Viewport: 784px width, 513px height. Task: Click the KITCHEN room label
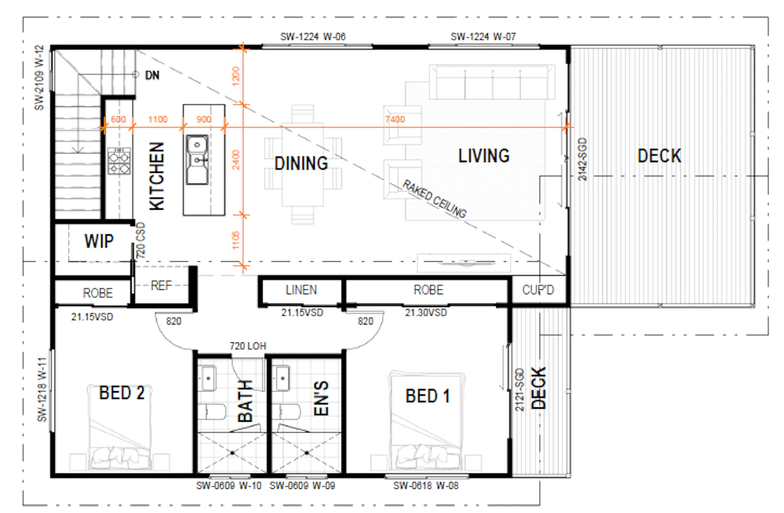156,176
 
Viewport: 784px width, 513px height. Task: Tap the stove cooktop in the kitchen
119,161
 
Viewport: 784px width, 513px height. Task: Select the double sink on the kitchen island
197,159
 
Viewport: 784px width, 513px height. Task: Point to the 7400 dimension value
395,120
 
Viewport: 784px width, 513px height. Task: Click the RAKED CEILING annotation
435,199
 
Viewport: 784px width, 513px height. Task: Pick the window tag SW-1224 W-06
313,37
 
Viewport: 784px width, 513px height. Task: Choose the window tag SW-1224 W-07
483,37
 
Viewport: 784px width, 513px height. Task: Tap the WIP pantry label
99,241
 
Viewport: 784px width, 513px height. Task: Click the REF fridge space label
161,286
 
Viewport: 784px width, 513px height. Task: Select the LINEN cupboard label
301,290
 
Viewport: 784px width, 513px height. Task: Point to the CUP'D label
538,290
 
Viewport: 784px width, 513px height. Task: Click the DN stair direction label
152,75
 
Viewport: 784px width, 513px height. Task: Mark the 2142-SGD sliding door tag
582,159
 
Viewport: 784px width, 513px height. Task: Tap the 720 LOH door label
248,346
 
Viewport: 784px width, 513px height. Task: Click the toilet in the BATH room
212,412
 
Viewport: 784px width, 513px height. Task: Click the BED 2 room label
122,393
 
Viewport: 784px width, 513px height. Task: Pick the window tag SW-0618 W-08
426,486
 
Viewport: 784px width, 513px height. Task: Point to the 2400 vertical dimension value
236,160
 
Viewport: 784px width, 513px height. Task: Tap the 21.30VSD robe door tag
426,313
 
